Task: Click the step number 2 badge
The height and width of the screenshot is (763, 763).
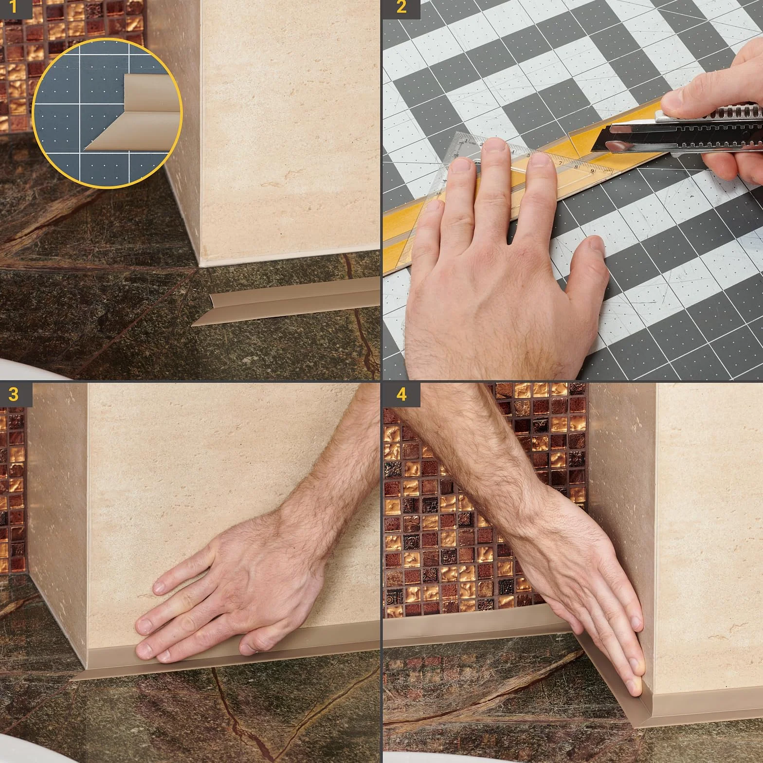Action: pos(401,9)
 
